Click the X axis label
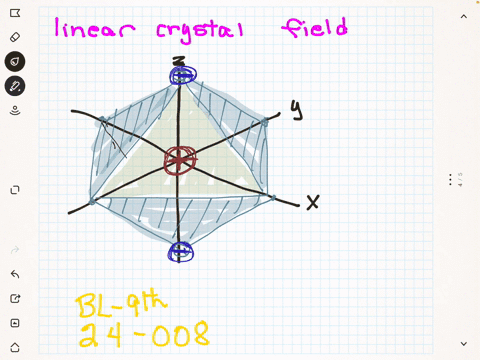(312, 203)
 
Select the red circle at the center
(181, 159)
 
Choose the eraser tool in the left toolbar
(15, 37)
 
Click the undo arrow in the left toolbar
(15, 274)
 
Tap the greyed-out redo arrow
(15, 250)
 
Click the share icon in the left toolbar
(15, 299)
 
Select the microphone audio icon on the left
(15, 110)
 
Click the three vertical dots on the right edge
(451, 180)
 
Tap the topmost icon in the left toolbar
(15, 13)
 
